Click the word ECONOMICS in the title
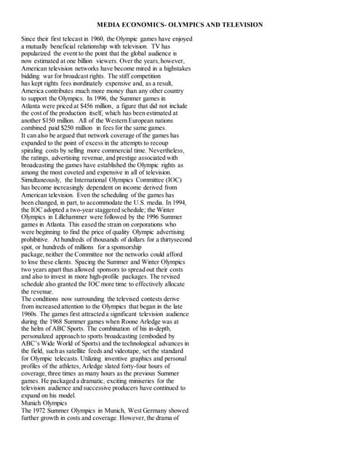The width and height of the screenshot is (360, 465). coord(148,25)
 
